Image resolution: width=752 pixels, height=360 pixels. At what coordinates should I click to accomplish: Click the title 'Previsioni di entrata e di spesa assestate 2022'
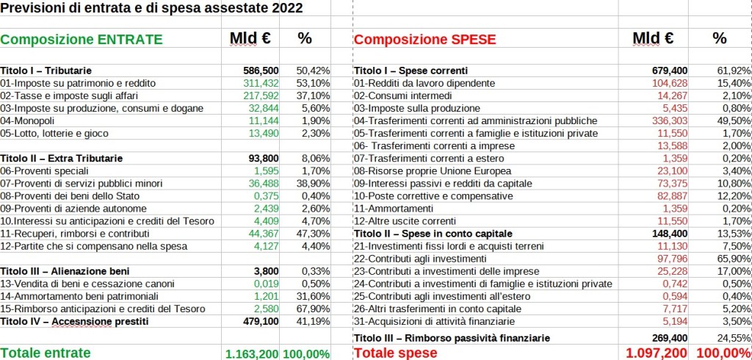coord(151,10)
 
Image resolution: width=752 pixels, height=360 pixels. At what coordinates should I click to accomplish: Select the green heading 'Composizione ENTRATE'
coord(81,40)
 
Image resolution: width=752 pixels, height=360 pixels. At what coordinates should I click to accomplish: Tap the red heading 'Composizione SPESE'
coord(425,40)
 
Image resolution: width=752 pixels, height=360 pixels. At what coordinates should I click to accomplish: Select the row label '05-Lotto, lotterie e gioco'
coord(54,133)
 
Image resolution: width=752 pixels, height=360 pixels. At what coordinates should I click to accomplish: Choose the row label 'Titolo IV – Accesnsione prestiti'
coord(75,321)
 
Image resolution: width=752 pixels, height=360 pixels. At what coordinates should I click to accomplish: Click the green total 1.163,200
coord(251,353)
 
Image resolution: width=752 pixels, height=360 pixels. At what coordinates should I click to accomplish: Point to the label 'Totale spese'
coord(396,353)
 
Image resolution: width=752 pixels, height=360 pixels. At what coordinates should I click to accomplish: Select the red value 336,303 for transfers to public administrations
coord(670,120)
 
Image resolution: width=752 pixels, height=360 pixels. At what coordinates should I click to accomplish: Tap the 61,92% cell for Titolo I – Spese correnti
coord(731,71)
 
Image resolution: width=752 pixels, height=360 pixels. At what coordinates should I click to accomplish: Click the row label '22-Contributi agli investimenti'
coord(420,259)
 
